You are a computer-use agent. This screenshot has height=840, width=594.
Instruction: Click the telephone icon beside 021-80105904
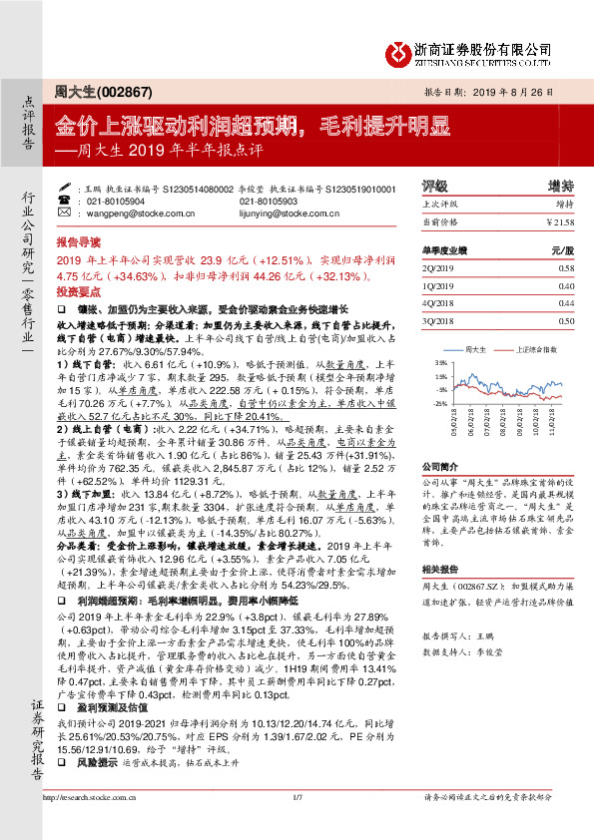point(78,201)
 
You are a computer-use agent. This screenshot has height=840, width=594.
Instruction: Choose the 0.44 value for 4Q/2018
point(566,302)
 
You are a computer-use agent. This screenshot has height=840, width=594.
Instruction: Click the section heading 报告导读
point(78,242)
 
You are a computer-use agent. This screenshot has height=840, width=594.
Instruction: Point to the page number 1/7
point(297,824)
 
